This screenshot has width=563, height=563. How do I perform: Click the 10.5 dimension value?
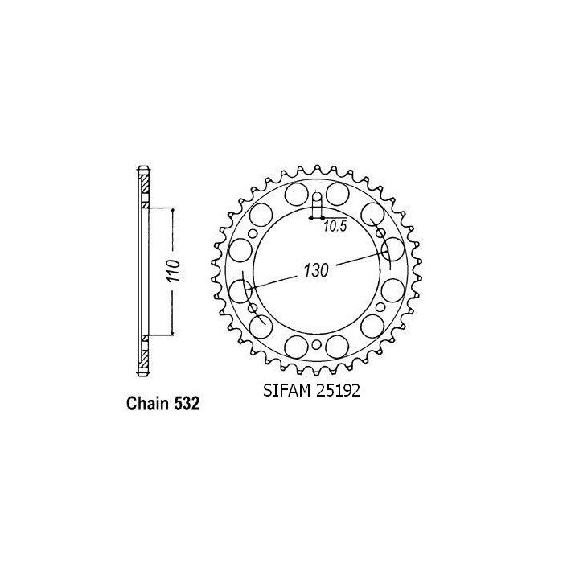tap(335, 227)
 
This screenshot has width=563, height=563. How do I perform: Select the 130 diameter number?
tap(316, 271)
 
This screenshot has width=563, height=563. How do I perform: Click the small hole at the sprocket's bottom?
tap(316, 345)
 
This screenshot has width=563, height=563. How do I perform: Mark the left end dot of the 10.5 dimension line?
tap(310, 216)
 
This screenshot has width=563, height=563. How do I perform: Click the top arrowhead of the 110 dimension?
tap(172, 211)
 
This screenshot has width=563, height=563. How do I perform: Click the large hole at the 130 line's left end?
tap(240, 289)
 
